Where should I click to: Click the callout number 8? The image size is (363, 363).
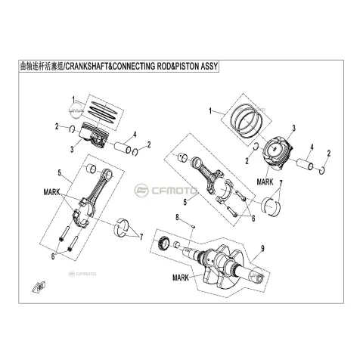pyautogui.click(x=177, y=217)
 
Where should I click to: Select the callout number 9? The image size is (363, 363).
pyautogui.click(x=262, y=248)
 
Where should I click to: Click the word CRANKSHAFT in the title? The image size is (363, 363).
pyautogui.click(x=88, y=67)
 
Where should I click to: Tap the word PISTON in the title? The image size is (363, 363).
pyautogui.click(x=186, y=67)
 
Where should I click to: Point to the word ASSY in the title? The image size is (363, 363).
pyautogui.click(x=209, y=67)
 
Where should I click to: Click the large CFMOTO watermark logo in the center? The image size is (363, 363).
pyautogui.click(x=166, y=191)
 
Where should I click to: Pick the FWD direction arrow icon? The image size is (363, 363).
pyautogui.click(x=39, y=287)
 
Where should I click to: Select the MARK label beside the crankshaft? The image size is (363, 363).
pyautogui.click(x=181, y=278)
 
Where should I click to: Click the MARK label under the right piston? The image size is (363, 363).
pyautogui.click(x=265, y=181)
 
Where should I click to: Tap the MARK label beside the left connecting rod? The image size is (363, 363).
pyautogui.click(x=51, y=192)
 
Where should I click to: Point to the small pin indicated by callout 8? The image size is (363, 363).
pyautogui.click(x=194, y=226)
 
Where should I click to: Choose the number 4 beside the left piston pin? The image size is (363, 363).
pyautogui.click(x=135, y=135)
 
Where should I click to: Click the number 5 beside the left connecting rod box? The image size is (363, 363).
pyautogui.click(x=60, y=172)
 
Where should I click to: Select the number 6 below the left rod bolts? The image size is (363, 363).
pyautogui.click(x=53, y=256)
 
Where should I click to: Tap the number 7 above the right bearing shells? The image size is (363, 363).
pyautogui.click(x=281, y=183)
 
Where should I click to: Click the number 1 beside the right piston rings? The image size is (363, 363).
pyautogui.click(x=210, y=111)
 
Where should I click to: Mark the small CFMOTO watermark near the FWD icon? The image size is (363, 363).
pyautogui.click(x=83, y=274)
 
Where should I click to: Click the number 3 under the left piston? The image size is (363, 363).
pyautogui.click(x=72, y=149)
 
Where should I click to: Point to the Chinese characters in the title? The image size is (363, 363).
pyautogui.click(x=42, y=67)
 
